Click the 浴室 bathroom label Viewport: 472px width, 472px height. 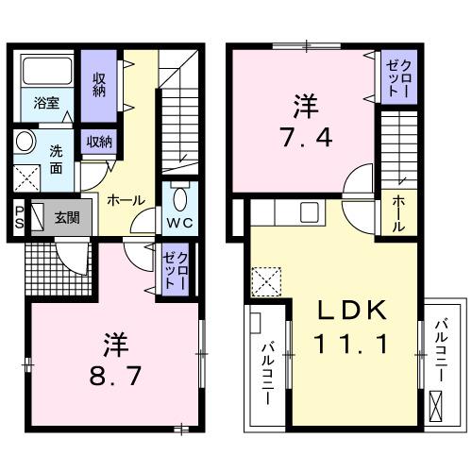[47, 101]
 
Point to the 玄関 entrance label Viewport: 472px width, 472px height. [66, 217]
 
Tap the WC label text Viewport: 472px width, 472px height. [180, 224]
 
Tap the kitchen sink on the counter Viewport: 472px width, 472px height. [310, 212]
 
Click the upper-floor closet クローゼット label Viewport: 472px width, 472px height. [394, 76]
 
